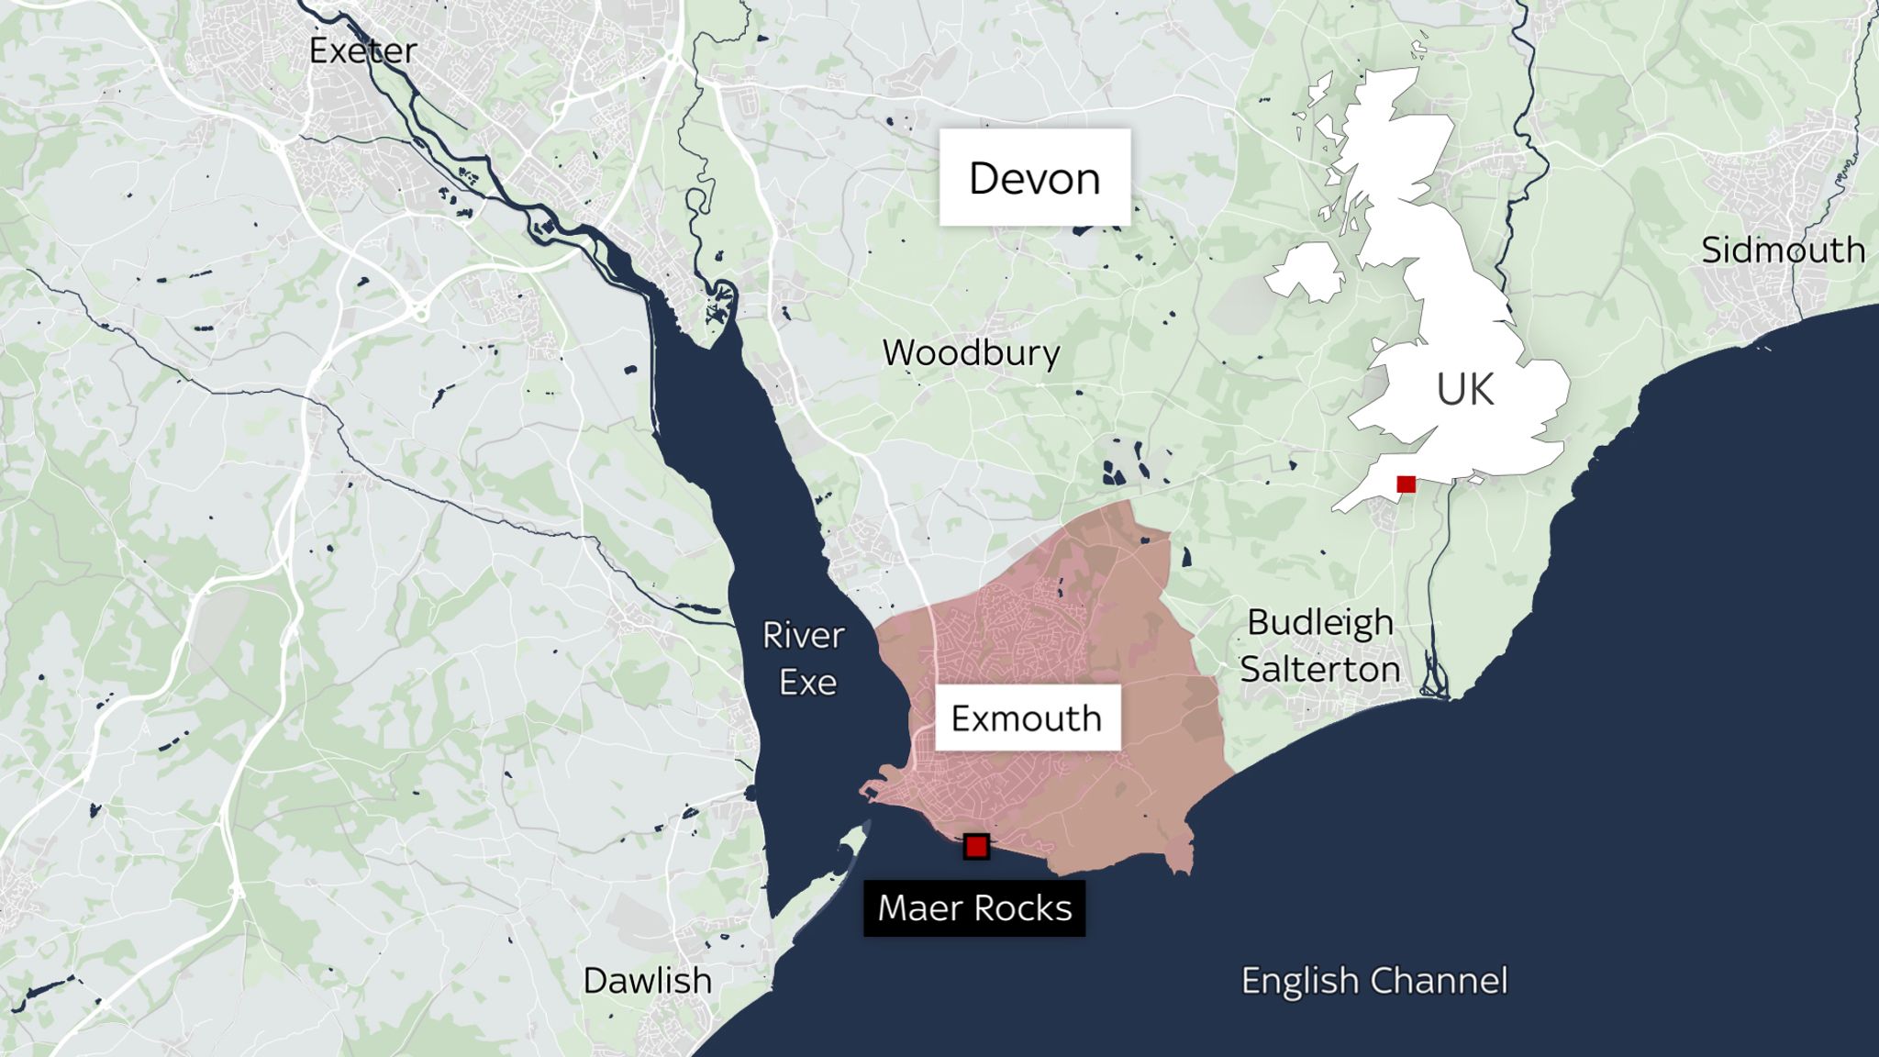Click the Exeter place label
pyautogui.click(x=363, y=51)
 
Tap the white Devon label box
pyautogui.click(x=1034, y=178)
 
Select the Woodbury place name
pyautogui.click(x=971, y=353)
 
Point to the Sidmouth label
pyautogui.click(x=1783, y=250)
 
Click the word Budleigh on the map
pyautogui.click(x=1319, y=623)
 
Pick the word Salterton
pyautogui.click(x=1319, y=670)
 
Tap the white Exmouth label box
pyautogui.click(x=1027, y=718)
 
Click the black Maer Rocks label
pyautogui.click(x=974, y=908)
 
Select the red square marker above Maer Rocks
pyautogui.click(x=976, y=846)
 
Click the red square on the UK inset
pyautogui.click(x=1406, y=484)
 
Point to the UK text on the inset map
pyautogui.click(x=1464, y=390)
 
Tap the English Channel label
pyautogui.click(x=1373, y=981)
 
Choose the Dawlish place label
pyautogui.click(x=647, y=981)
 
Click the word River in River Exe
pyautogui.click(x=803, y=635)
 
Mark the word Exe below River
pyautogui.click(x=807, y=683)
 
